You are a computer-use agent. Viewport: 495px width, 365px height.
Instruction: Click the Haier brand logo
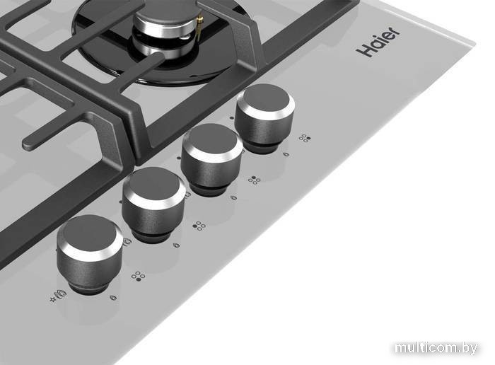point(378,42)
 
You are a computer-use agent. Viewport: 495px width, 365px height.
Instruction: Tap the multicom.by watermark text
point(436,347)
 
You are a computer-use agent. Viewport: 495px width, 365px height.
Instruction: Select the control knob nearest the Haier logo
point(265,118)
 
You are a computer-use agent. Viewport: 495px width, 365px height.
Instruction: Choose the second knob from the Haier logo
point(212,159)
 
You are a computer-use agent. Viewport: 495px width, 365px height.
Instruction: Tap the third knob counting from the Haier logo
point(153,204)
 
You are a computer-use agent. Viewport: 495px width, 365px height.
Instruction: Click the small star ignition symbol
point(53,299)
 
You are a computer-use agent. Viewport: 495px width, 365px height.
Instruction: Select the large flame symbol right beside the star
point(62,294)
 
